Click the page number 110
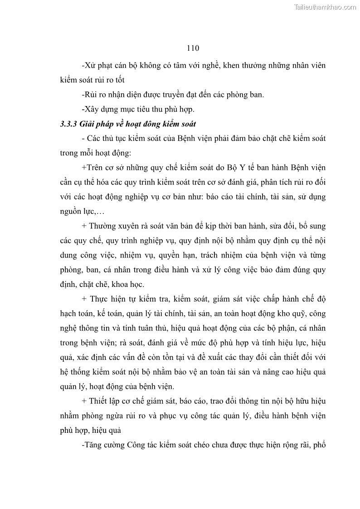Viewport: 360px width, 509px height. click(193, 48)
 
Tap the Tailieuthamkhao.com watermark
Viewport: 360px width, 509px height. click(325, 7)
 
